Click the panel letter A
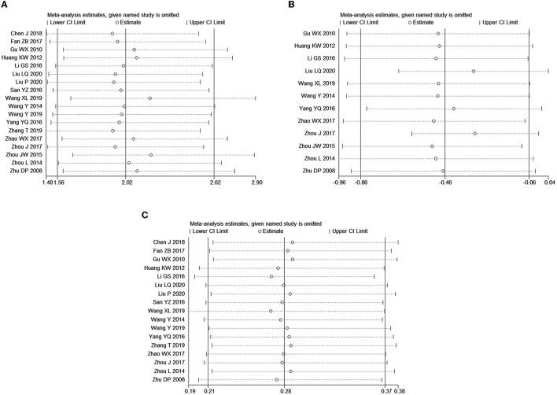(6, 6)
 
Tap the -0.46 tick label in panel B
(444, 183)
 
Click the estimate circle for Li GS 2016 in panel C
(271, 277)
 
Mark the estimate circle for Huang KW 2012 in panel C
(278, 268)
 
